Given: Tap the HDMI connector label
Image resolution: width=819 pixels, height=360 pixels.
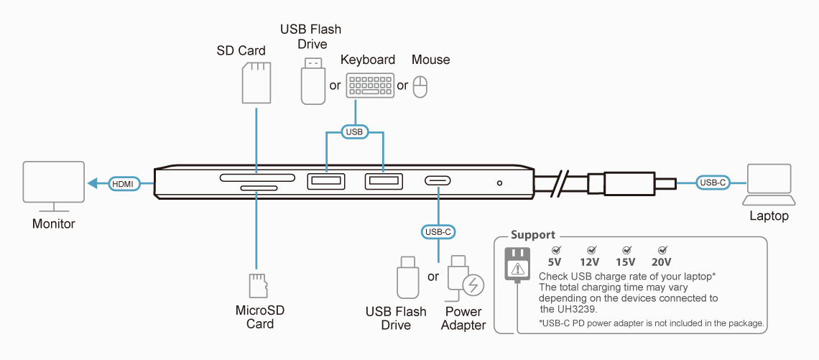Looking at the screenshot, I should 122,184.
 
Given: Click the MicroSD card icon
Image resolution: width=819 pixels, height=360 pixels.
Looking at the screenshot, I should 256,286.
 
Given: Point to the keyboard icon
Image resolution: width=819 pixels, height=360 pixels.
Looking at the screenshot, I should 370,86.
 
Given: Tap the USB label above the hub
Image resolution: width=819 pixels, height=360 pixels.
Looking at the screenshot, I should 354,132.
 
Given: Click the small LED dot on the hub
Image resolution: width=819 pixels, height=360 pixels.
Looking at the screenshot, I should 499,183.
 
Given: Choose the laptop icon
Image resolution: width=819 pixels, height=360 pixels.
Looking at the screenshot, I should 769,185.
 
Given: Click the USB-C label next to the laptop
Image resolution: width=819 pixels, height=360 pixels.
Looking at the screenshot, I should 713,183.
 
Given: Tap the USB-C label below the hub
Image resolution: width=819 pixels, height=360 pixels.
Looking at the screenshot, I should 438,231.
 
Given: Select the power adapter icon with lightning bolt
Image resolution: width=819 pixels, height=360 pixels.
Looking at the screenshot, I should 464,280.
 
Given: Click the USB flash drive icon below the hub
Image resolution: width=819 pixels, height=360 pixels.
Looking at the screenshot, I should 408,280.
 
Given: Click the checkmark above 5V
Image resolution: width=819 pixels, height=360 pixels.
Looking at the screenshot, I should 554,249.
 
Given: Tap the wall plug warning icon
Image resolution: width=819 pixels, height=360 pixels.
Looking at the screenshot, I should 517,265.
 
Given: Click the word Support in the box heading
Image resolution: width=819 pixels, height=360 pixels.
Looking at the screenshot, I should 533,235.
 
